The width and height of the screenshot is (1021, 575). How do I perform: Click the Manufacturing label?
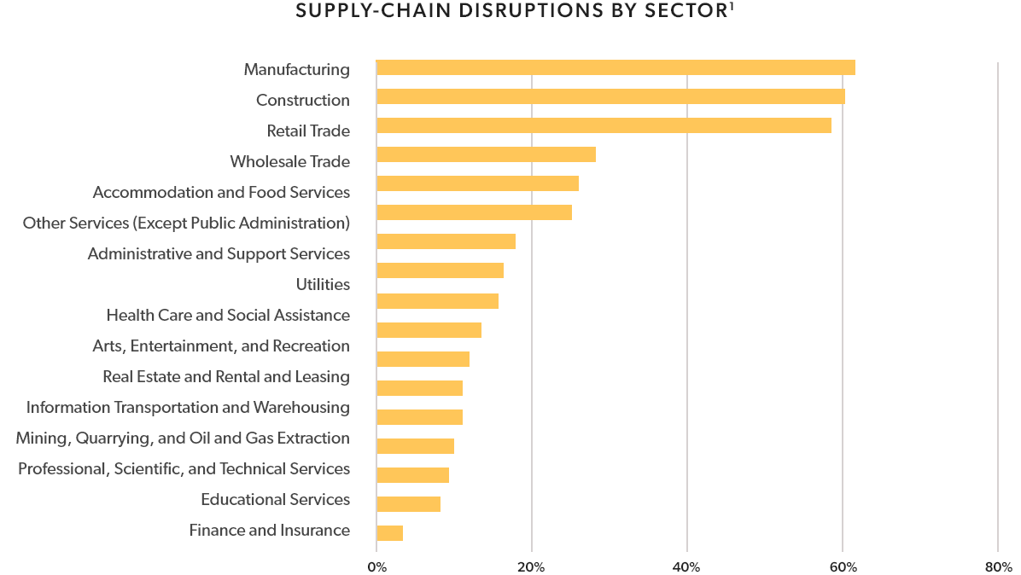point(296,69)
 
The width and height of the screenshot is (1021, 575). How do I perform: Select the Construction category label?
point(302,100)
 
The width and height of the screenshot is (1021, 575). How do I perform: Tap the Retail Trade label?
point(308,131)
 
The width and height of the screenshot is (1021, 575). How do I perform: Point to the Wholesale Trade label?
point(289,161)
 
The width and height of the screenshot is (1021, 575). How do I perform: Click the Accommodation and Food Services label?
point(221,192)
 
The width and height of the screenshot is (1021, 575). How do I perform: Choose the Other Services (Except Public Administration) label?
point(186,223)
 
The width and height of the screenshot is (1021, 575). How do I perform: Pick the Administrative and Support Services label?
point(219,253)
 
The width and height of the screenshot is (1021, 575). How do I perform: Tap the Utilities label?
point(323,284)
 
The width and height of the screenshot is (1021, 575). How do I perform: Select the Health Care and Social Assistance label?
point(228,315)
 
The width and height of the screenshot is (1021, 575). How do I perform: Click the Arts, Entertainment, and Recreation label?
point(221,346)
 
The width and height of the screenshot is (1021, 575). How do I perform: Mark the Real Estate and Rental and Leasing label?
point(226,376)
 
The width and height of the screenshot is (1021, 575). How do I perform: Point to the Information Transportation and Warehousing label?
point(188,407)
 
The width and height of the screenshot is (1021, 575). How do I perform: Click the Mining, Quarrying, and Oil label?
point(183,438)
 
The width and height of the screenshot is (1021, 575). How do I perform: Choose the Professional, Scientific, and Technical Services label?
point(184,468)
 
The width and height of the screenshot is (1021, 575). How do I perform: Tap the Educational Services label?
point(275,499)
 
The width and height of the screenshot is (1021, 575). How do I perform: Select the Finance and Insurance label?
point(270,530)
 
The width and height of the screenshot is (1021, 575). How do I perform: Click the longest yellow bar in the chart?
point(615,67)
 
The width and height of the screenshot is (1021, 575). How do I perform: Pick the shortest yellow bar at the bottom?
point(389,533)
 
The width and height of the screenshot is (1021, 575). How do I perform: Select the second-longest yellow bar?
point(610,96)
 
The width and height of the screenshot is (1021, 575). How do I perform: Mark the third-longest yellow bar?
point(604,125)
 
